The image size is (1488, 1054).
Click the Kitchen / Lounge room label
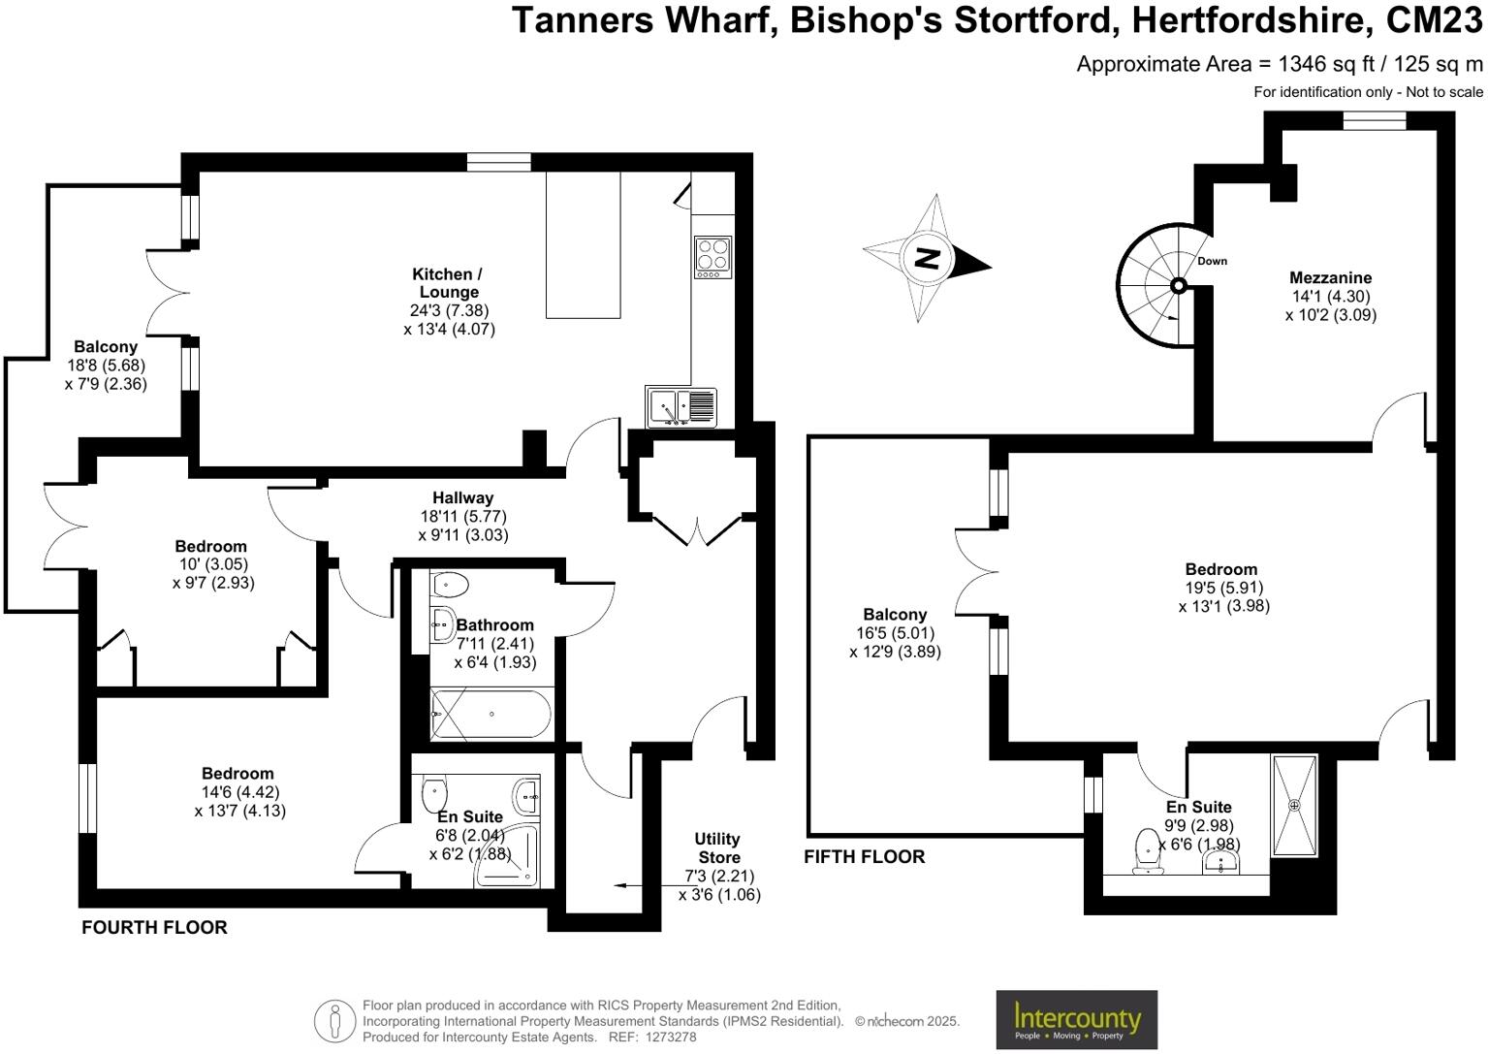(448, 283)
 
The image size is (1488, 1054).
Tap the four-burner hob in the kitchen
(712, 256)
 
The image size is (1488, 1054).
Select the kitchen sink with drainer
(681, 406)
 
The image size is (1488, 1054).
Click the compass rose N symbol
(928, 259)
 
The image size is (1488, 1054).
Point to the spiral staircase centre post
(1179, 285)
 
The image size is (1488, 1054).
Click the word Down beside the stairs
(1212, 261)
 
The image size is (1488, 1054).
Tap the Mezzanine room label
(1330, 278)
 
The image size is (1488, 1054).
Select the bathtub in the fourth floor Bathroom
(491, 715)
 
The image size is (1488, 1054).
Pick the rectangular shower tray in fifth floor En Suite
(1294, 806)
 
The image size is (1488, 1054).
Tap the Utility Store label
(718, 848)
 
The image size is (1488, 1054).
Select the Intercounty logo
(1076, 1020)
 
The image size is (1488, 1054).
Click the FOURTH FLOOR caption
(154, 928)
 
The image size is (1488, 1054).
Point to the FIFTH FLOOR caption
(864, 857)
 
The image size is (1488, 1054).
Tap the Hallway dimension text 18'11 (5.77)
(462, 517)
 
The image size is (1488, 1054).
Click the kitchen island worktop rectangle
(583, 245)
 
